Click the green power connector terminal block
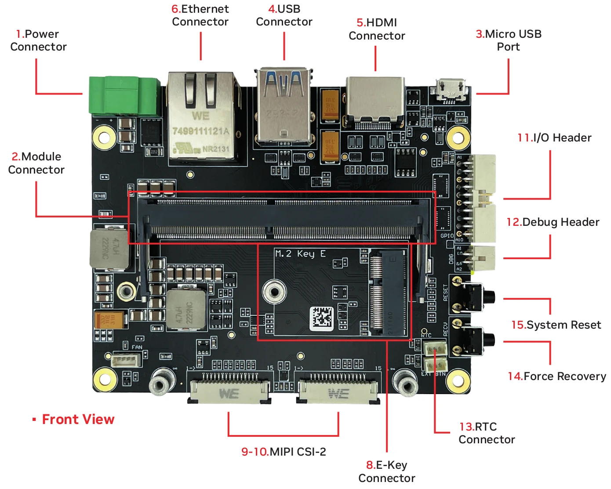pos(124,96)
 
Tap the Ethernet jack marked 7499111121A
pos(202,118)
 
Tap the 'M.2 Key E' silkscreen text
pos(300,254)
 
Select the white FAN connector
pos(126,360)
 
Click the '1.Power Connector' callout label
pos(38,40)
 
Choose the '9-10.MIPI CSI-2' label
pos(284,452)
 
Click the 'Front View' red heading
pos(78,420)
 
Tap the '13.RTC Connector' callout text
pos(486,433)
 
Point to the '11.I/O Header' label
pos(554,138)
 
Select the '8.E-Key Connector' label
pos(386,471)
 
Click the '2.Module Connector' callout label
pos(36,163)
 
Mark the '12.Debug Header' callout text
pos(553,222)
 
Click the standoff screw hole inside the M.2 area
pos(274,292)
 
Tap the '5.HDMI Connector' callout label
pos(377,29)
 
